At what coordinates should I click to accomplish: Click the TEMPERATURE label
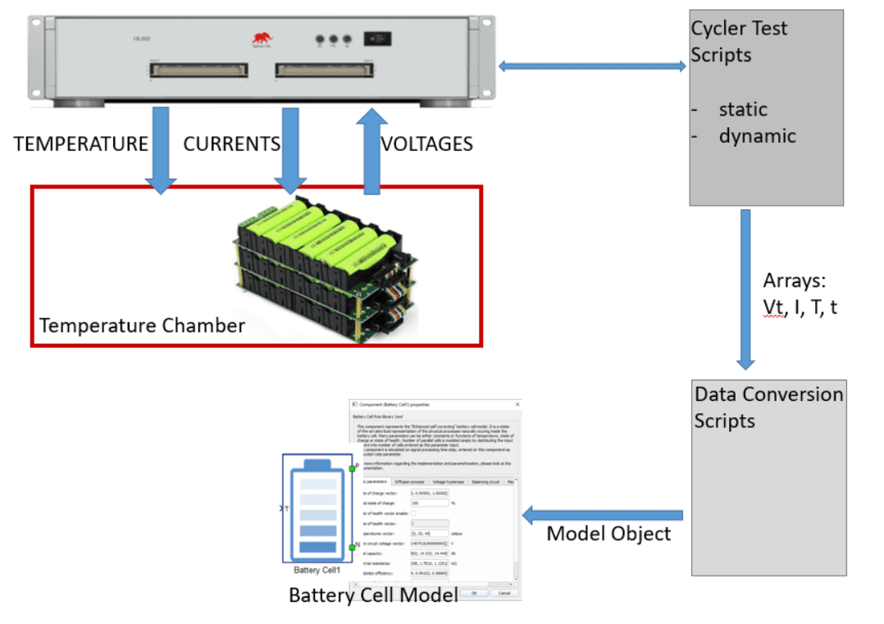click(80, 144)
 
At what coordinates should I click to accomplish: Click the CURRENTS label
click(231, 144)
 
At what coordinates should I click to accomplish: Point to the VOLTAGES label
click(427, 144)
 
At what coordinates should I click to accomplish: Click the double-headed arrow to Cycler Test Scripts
click(592, 66)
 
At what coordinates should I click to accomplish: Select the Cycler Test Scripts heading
click(738, 41)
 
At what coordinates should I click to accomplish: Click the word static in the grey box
click(743, 109)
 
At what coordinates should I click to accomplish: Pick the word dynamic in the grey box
click(757, 135)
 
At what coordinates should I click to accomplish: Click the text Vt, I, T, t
click(800, 308)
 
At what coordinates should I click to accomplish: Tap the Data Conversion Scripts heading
click(768, 408)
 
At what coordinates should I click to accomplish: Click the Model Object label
click(608, 534)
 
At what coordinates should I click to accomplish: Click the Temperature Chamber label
click(142, 326)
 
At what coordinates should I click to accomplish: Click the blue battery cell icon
click(317, 508)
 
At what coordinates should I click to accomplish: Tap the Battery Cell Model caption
click(373, 594)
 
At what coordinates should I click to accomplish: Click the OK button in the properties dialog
click(473, 592)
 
